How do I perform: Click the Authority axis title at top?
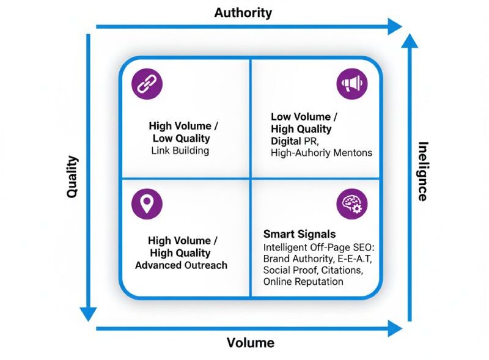tap(243, 12)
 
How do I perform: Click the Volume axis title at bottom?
tap(251, 342)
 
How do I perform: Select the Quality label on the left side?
tap(73, 177)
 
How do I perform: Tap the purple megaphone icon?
tap(352, 84)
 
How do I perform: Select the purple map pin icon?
tap(147, 204)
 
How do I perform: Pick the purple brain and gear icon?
tap(352, 204)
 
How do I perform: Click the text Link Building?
tap(180, 150)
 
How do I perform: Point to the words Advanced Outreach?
tap(181, 265)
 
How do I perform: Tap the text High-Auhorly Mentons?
tap(322, 153)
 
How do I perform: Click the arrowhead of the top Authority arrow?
tap(394, 26)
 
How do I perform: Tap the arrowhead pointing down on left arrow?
tap(89, 312)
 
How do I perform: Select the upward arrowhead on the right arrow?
tap(410, 42)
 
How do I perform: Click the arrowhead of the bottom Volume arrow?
tap(394, 329)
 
